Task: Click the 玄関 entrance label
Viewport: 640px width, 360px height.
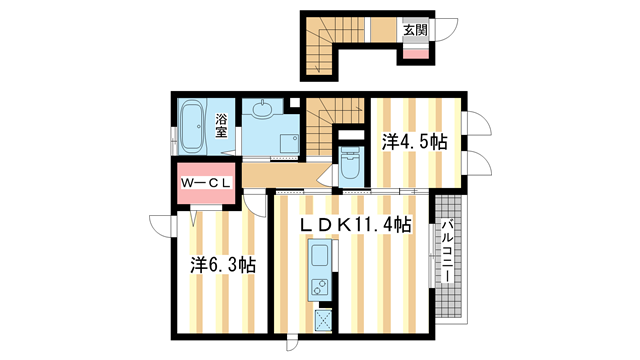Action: (415, 30)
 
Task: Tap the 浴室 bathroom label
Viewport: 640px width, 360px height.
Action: (221, 126)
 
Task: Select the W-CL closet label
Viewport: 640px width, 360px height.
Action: (206, 183)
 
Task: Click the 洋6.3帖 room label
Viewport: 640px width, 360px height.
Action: (223, 266)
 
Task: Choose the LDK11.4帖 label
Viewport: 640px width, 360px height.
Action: (355, 224)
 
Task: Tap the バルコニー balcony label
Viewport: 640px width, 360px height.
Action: (448, 251)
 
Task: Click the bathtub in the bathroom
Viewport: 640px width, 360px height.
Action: (192, 127)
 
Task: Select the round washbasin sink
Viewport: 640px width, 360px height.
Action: (262, 109)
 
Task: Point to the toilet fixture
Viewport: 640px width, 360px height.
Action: (349, 163)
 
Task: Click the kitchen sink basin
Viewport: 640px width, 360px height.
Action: (320, 255)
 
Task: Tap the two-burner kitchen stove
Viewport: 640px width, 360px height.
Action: (320, 287)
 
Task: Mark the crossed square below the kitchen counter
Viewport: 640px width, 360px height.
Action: (323, 319)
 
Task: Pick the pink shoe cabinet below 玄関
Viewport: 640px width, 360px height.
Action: (416, 53)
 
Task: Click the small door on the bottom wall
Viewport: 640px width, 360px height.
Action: (292, 342)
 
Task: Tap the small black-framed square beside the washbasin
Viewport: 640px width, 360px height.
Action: (294, 102)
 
